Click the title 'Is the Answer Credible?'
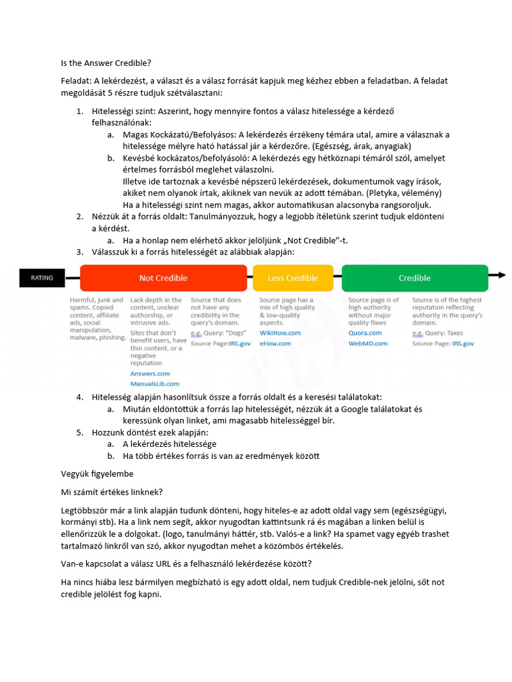[x=106, y=63]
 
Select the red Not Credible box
[x=163, y=278]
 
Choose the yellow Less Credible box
[x=293, y=278]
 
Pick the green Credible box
[x=414, y=278]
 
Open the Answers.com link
[x=150, y=374]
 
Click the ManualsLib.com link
[x=155, y=384]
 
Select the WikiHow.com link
[x=280, y=332]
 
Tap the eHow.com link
[x=275, y=343]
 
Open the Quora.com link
[x=365, y=332]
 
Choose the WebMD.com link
[x=368, y=343]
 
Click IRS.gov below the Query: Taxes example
[x=463, y=343]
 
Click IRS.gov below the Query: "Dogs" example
[x=239, y=343]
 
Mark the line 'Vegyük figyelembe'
[x=97, y=474]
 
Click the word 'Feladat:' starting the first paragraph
[x=76, y=81]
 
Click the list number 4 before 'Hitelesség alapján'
[x=79, y=397]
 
